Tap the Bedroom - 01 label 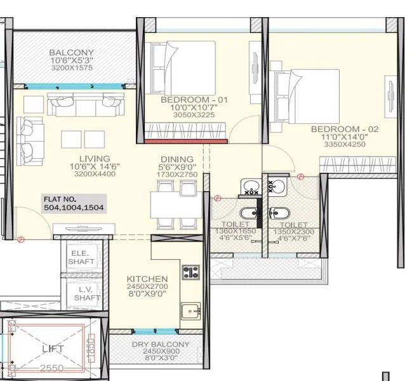point(194,100)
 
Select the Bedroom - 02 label point(344,129)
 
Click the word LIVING point(95,158)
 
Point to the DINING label point(177,159)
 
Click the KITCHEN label point(147,279)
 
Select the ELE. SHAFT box point(81,257)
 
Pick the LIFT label point(53,349)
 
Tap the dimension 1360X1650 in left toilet point(235,231)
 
